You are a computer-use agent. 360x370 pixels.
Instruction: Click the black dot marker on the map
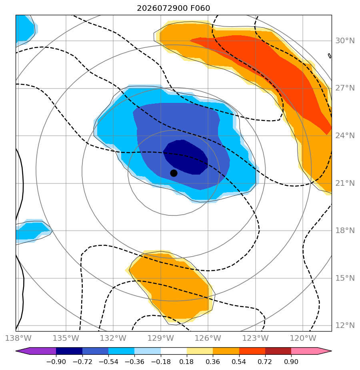(x=174, y=173)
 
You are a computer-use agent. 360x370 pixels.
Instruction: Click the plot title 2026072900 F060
(x=173, y=8)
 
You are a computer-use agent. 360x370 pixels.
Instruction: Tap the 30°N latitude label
(x=345, y=40)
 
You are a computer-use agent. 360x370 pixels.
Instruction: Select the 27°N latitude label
(x=345, y=88)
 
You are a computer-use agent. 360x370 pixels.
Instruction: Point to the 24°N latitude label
(x=345, y=135)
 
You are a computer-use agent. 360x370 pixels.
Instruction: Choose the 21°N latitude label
(x=345, y=183)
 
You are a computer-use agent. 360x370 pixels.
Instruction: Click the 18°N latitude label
(x=345, y=230)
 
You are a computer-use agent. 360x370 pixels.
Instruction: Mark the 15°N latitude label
(x=345, y=278)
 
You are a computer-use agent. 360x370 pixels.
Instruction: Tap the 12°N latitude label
(x=345, y=326)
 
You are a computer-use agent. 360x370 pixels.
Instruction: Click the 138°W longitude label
(x=18, y=338)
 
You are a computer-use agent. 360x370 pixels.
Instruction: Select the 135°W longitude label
(x=66, y=338)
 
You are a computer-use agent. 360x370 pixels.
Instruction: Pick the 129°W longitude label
(x=161, y=338)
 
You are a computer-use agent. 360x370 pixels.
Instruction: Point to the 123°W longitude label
(x=256, y=338)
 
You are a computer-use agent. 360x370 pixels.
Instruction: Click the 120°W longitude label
(x=303, y=338)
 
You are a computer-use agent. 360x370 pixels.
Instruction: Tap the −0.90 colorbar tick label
(x=56, y=362)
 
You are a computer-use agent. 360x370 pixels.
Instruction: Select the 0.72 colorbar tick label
(x=265, y=362)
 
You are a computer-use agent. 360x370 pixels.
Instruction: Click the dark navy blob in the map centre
(x=186, y=157)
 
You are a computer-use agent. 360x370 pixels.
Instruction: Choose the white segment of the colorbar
(x=174, y=351)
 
